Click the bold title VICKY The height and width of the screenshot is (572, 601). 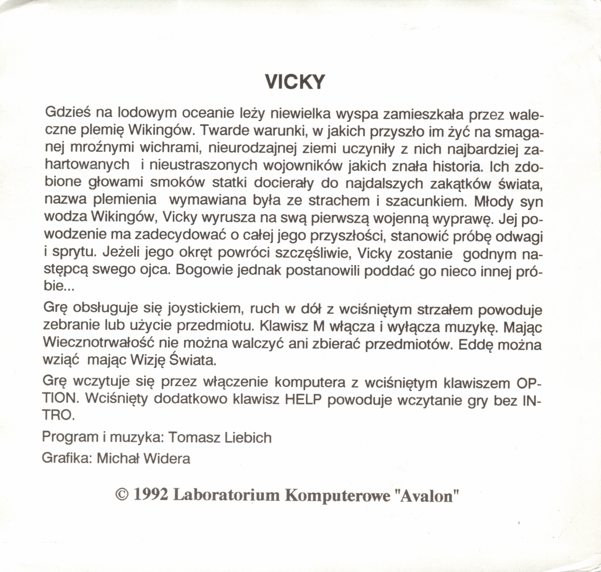pos(295,82)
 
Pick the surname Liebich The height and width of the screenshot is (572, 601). pos(248,437)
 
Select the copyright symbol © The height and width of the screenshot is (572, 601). pos(122,495)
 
